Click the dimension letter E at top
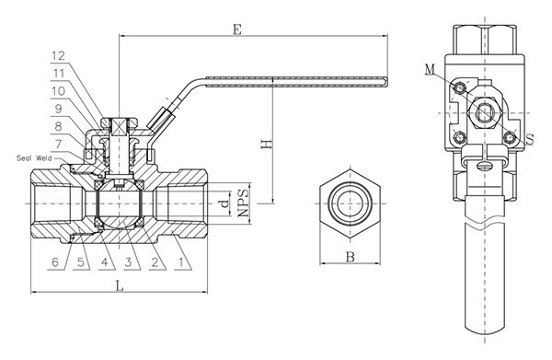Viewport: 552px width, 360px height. (238, 30)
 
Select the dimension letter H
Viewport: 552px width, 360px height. (266, 145)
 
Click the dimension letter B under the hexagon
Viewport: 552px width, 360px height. (350, 259)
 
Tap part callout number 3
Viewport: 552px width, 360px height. (130, 262)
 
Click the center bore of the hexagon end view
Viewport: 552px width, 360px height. (351, 200)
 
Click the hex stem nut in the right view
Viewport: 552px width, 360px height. (484, 112)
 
